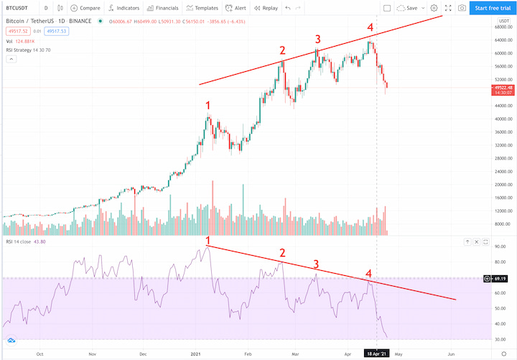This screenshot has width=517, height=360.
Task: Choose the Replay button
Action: tap(266, 8)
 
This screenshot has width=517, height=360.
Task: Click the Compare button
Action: tap(85, 8)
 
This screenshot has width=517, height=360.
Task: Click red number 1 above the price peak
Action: tap(208, 106)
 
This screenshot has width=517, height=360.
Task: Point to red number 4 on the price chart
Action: tap(371, 28)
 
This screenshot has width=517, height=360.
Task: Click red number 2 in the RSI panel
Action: tap(282, 252)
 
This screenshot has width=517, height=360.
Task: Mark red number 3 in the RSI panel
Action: tap(316, 264)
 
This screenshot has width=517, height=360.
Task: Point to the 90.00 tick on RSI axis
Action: tap(500, 246)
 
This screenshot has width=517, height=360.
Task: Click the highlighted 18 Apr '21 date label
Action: tap(377, 354)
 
